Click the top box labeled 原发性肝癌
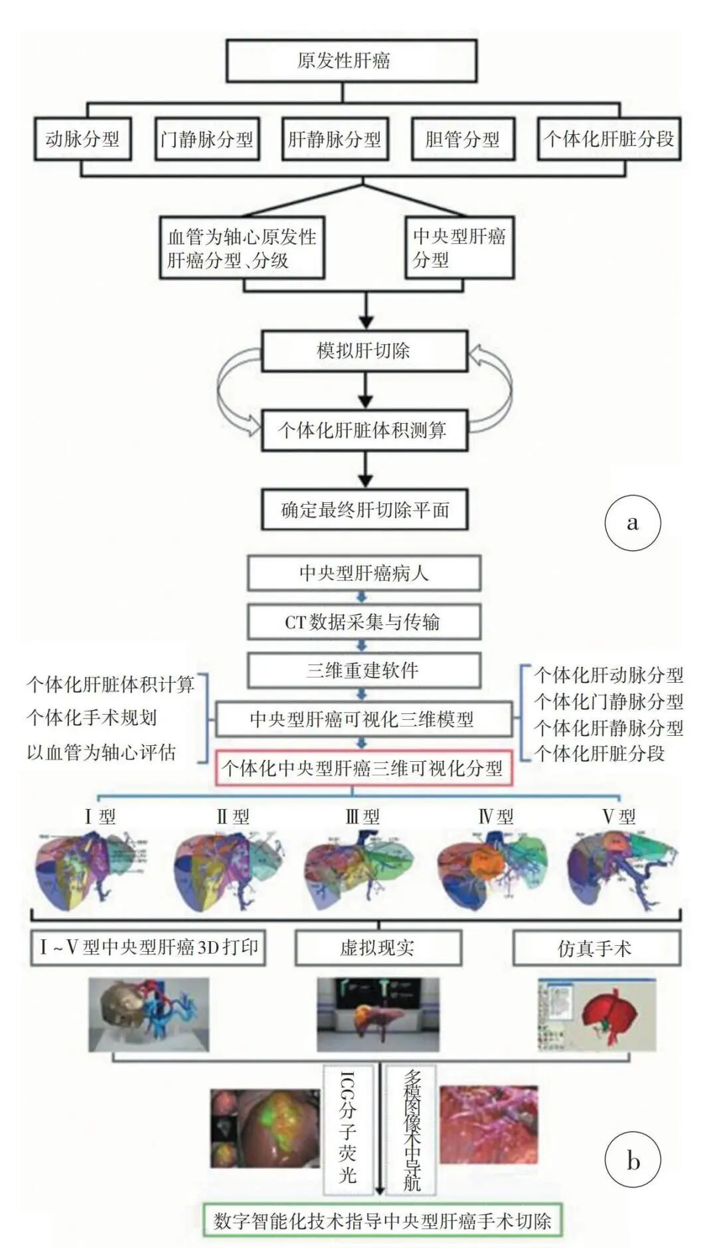351,61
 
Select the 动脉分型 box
82,139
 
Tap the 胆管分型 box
463,139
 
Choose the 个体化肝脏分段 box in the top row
609,139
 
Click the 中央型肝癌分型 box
459,247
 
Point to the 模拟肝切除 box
364,350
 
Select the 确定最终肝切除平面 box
364,509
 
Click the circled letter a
632,523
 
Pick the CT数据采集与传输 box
363,622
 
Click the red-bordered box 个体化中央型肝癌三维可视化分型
363,768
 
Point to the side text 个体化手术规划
92,717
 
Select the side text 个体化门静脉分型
609,701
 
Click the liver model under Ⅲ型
358,867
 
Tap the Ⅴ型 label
619,816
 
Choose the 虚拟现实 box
378,948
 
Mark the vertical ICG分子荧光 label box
347,1129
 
